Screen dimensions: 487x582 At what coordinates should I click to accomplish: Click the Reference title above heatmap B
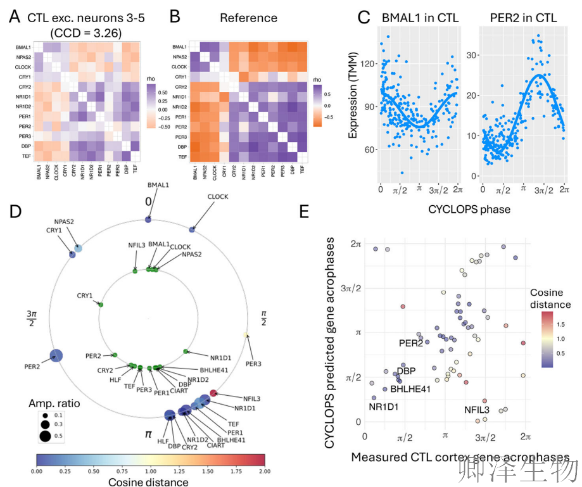click(248, 18)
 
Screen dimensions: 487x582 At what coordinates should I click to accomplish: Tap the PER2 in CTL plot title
click(524, 18)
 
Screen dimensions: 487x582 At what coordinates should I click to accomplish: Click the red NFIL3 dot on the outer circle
click(213, 393)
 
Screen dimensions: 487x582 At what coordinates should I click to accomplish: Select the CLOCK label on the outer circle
click(218, 197)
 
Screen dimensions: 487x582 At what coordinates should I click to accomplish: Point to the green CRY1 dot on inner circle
click(100, 305)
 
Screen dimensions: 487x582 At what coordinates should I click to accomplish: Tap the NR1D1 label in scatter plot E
click(383, 407)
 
